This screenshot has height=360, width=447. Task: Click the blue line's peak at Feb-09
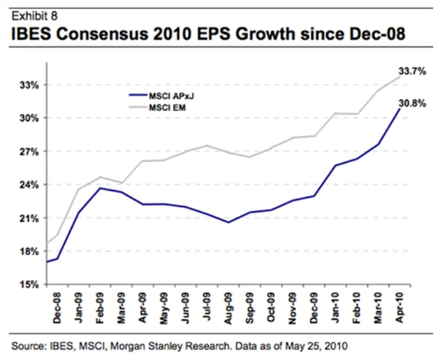tap(101, 188)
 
